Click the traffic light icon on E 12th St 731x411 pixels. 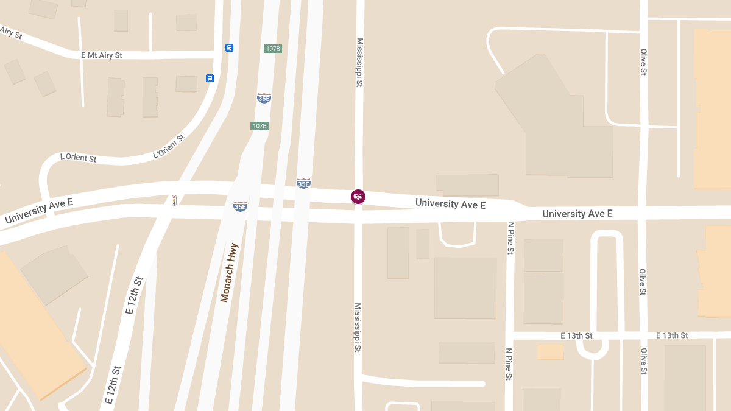[174, 200]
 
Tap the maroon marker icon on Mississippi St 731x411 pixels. [358, 196]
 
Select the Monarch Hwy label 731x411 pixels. [230, 272]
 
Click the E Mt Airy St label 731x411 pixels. [102, 55]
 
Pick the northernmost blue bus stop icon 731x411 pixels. [230, 47]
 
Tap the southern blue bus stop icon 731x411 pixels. [210, 78]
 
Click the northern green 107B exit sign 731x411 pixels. [273, 49]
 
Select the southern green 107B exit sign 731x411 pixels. [260, 126]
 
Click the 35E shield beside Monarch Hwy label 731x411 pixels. [241, 206]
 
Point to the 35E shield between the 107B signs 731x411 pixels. [264, 98]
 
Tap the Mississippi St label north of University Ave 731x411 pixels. [359, 63]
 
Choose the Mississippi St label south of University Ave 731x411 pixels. [358, 328]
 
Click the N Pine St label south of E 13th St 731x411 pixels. [509, 364]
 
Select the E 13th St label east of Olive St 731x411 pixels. [672, 335]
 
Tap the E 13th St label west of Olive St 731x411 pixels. [576, 335]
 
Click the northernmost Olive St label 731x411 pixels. [643, 62]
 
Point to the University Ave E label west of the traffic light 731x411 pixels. [39, 210]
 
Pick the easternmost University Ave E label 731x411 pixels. [577, 214]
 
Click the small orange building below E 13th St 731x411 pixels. [550, 352]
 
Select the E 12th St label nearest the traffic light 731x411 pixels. [135, 296]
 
